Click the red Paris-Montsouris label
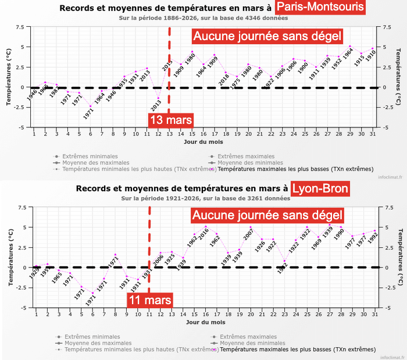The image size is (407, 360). [x=320, y=8]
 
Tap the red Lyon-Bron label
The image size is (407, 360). [x=320, y=188]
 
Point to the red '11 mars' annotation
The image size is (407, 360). [x=149, y=300]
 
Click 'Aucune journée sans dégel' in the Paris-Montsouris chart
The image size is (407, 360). [x=267, y=37]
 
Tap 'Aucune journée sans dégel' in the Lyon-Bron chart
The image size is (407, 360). [x=267, y=216]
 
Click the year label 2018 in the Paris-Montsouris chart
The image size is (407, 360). [x=224, y=79]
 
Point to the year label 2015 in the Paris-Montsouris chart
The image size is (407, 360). [x=167, y=66]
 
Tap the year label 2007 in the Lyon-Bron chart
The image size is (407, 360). [x=248, y=236]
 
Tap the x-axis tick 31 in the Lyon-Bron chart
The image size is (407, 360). [x=374, y=315]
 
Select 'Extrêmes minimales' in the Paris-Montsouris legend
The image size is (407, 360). [x=90, y=156]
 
